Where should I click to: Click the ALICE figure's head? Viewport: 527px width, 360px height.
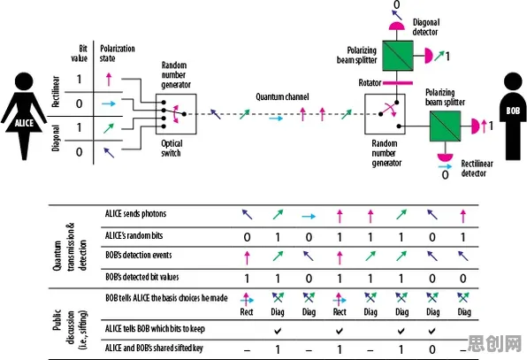pos(24,82)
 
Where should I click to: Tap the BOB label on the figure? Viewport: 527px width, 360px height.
pos(513,111)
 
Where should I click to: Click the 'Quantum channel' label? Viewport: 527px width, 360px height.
pos(282,96)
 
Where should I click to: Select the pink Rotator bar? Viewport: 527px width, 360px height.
pos(398,82)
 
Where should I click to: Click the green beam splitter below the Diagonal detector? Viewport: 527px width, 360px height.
pos(398,56)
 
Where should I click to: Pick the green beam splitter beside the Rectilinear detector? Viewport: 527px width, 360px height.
pos(446,126)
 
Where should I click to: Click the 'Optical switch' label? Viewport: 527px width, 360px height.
pos(172,149)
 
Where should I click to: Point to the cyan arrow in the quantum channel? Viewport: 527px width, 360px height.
pos(276,119)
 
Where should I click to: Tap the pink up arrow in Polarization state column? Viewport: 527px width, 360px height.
pos(109,80)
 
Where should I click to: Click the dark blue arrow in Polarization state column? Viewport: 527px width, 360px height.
pos(109,153)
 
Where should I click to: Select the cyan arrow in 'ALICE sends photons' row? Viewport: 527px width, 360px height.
pos(309,217)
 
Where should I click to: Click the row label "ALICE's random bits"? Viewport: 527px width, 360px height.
pos(134,235)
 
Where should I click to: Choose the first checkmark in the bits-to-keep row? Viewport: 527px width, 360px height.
pos(278,332)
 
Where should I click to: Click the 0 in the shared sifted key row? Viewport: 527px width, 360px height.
pos(432,349)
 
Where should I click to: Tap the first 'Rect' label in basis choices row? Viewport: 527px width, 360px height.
pos(247,312)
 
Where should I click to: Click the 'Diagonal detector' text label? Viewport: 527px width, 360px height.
pos(426,27)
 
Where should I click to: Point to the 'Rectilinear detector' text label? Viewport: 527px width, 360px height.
pos(477,168)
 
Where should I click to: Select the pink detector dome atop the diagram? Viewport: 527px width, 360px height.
pos(397,26)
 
